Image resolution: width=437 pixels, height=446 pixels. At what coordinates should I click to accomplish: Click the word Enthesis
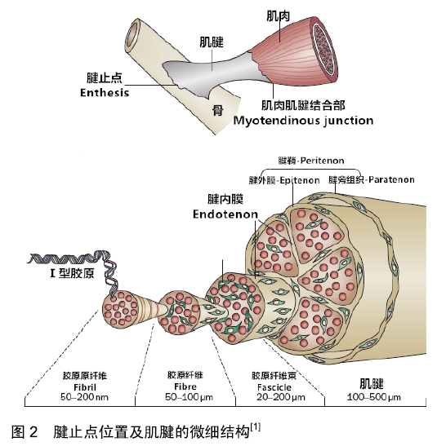click(x=105, y=92)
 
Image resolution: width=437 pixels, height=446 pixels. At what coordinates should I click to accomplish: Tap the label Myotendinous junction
click(x=303, y=121)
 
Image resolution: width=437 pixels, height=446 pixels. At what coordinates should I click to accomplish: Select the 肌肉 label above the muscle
click(x=278, y=16)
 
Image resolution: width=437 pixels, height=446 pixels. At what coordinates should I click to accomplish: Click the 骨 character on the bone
click(x=217, y=110)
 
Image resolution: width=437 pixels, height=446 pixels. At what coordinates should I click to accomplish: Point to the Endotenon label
click(x=225, y=214)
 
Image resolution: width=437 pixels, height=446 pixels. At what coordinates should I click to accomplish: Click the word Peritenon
click(x=322, y=161)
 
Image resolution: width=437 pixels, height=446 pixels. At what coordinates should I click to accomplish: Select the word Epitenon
click(x=300, y=180)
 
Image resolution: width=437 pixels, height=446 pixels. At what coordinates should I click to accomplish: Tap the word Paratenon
click(x=391, y=179)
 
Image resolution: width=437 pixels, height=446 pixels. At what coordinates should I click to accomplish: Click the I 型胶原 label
click(x=72, y=273)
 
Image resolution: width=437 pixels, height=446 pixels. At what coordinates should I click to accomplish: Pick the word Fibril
click(x=85, y=387)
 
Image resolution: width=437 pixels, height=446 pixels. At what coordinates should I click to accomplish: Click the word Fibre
click(x=185, y=386)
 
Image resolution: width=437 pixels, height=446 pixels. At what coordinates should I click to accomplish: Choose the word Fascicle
click(x=274, y=387)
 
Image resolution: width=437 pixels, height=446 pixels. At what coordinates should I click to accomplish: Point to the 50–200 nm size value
click(x=84, y=397)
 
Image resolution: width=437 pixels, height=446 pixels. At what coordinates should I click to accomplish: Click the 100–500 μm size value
click(x=373, y=397)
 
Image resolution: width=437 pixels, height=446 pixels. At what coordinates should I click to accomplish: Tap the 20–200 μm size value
click(x=281, y=397)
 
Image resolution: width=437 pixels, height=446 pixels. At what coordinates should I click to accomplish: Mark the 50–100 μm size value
click(x=189, y=397)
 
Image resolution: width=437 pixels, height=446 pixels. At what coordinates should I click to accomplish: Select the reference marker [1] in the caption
click(x=255, y=427)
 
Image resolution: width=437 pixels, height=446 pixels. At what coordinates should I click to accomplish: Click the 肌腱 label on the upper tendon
click(x=211, y=42)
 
